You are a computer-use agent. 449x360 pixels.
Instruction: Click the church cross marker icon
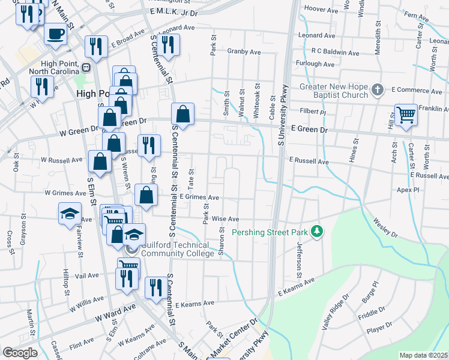(x=377, y=90)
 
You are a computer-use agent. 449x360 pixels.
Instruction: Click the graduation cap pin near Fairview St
(x=70, y=213)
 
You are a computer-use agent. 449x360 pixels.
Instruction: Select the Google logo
(x=20, y=352)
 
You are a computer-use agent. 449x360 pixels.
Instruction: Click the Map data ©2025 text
(x=423, y=355)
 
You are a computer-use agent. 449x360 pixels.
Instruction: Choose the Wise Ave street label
(x=226, y=219)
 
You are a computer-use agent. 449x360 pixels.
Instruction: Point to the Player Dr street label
(x=379, y=329)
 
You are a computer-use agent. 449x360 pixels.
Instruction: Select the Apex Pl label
(x=408, y=189)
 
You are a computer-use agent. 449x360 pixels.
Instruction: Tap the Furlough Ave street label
(x=315, y=64)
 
